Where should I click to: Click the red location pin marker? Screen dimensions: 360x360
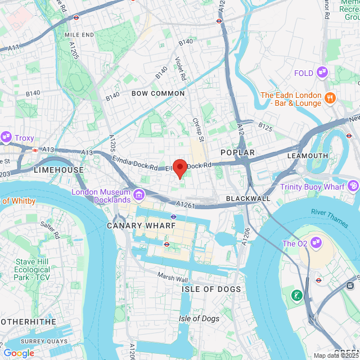click(x=179, y=168)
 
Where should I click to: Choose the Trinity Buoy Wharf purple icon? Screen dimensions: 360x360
click(x=353, y=186)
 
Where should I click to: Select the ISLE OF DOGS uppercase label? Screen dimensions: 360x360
click(x=211, y=289)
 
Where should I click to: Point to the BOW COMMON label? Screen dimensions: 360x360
click(x=158, y=93)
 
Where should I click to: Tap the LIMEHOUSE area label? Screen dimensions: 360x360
click(x=58, y=169)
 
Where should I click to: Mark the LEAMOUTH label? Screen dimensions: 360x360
click(x=307, y=155)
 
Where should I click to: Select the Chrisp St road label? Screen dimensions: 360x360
click(x=197, y=128)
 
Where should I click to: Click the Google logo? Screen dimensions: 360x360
click(x=19, y=353)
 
